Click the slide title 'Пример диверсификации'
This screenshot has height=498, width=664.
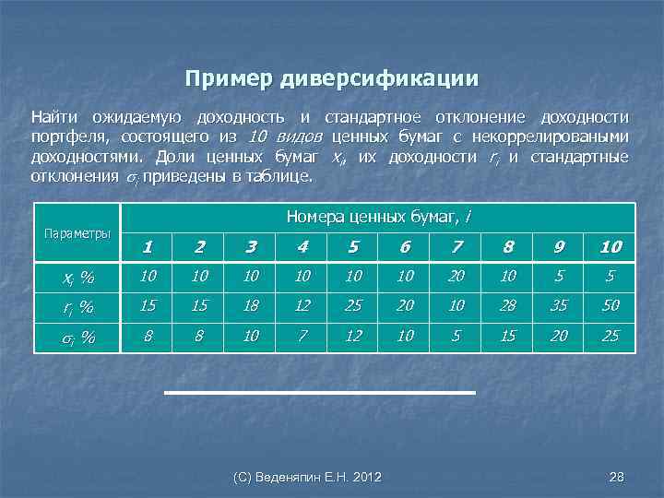[332, 78]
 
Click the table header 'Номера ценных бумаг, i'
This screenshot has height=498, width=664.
[378, 217]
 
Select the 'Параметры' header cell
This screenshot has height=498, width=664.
[77, 232]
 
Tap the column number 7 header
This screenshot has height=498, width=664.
[456, 246]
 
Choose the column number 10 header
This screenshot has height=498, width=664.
[611, 246]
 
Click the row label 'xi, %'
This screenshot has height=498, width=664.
[77, 277]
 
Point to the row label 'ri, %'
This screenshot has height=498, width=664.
[77, 307]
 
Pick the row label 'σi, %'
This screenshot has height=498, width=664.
[77, 337]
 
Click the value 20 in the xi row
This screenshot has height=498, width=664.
[456, 276]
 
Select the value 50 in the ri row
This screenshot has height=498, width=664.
[611, 305]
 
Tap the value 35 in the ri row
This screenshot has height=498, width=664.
[559, 305]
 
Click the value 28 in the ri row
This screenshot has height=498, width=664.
[507, 305]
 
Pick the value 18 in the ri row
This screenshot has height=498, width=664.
[250, 305]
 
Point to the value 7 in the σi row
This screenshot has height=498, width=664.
[302, 336]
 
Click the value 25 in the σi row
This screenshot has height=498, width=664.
[611, 336]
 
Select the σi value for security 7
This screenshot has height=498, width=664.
[456, 336]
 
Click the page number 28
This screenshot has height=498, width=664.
[617, 476]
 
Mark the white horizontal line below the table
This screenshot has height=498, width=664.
[319, 393]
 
